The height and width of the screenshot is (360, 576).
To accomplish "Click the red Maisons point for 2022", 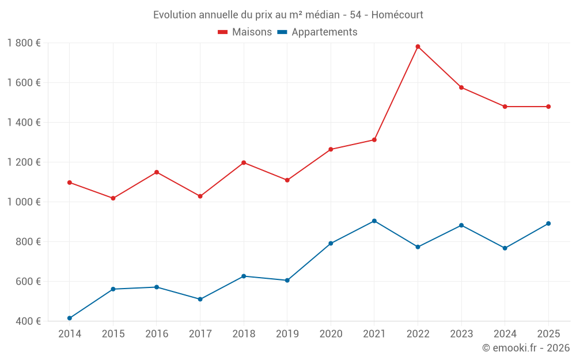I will point(418,47).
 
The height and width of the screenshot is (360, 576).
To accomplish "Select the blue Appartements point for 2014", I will point(70,318).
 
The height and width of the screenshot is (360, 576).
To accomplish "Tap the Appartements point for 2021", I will point(374,221).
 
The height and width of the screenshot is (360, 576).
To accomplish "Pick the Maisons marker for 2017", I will point(200,196).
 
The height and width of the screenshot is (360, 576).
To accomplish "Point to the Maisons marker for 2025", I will point(548,107).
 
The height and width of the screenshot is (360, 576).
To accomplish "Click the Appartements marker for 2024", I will point(505,248).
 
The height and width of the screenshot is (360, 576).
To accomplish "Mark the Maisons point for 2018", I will point(244,162).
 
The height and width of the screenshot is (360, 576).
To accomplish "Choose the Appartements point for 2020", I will point(331,243).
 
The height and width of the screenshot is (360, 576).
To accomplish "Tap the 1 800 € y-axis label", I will point(24,43).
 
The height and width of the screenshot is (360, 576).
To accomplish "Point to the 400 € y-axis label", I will point(28,321).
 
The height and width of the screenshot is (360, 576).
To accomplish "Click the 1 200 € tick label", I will point(24,162).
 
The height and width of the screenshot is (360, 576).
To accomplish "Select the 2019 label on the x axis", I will point(287,334).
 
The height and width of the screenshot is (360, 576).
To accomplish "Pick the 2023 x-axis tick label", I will point(461,334).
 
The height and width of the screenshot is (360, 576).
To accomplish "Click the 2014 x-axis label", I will point(70,334).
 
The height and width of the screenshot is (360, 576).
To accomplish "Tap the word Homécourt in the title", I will point(397,15).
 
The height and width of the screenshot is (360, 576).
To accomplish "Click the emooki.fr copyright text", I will point(525,348).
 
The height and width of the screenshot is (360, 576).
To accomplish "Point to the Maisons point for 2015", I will point(113,198).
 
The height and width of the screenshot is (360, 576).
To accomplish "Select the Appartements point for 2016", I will point(157,287).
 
